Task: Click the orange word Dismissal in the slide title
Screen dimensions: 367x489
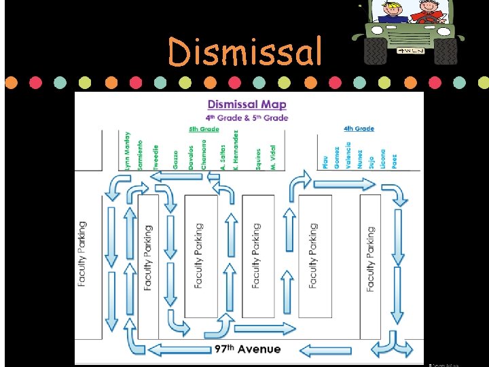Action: click(244, 52)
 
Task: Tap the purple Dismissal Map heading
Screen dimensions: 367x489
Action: click(247, 105)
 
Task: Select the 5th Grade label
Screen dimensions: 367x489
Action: click(204, 129)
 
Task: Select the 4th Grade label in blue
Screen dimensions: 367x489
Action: click(359, 128)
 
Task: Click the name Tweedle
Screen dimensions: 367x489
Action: click(156, 157)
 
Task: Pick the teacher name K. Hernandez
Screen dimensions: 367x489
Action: click(235, 150)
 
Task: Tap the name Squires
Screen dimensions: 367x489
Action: click(259, 159)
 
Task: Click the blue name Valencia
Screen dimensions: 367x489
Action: click(348, 156)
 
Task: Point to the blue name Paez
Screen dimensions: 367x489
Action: click(394, 160)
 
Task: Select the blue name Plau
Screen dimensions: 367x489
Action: click(326, 160)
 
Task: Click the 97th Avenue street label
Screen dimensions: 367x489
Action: click(247, 349)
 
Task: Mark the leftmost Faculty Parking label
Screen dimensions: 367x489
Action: click(83, 254)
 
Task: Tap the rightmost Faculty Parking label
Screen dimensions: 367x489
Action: click(370, 258)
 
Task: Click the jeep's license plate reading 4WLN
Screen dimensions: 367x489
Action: click(410, 50)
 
